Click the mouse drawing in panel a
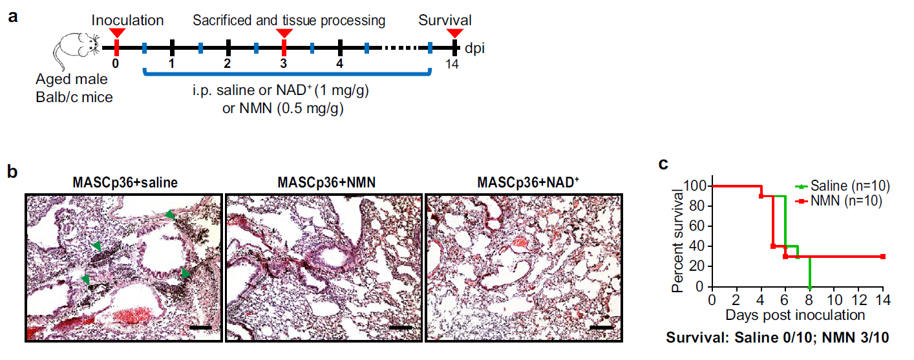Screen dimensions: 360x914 [77, 50]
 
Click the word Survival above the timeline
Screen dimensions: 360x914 [445, 20]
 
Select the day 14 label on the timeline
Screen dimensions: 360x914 [454, 65]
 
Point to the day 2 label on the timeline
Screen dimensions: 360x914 [227, 64]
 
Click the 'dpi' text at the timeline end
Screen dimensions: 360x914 [475, 48]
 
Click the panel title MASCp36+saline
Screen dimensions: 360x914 [125, 183]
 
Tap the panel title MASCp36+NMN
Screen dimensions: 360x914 [323, 183]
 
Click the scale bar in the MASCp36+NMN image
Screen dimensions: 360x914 [401, 328]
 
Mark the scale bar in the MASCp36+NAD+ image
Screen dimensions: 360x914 [601, 328]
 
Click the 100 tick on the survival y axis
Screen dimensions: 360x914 [694, 186]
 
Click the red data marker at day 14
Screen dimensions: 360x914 [882, 257]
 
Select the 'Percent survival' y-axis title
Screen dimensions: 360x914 [678, 239]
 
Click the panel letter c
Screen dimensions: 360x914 [663, 164]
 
